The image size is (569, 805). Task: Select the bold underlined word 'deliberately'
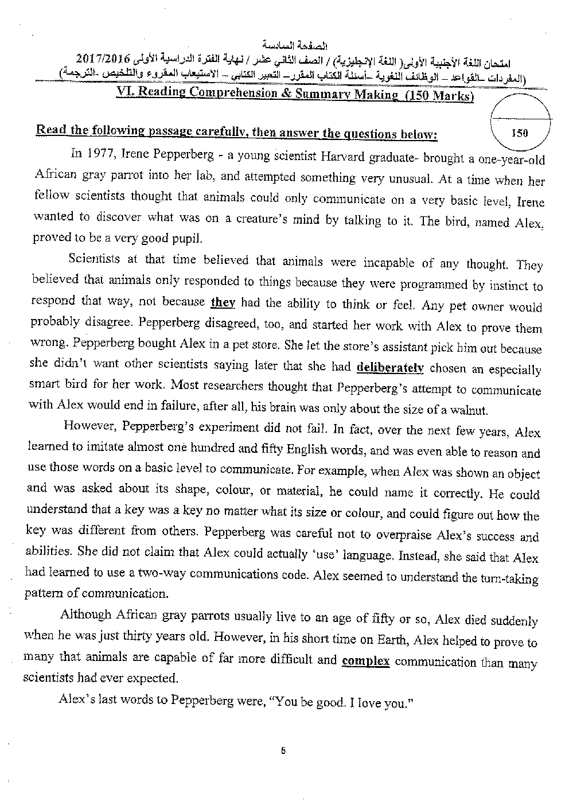(390, 367)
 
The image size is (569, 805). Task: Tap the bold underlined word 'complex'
(365, 661)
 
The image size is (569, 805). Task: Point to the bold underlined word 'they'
(223, 302)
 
